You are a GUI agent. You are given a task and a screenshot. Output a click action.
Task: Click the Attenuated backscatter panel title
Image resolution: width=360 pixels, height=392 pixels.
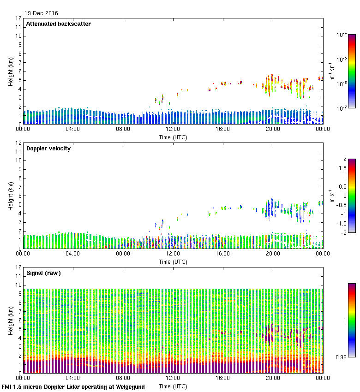[x=58, y=24]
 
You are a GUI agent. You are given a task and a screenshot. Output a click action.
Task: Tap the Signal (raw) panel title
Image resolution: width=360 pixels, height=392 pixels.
[x=43, y=273]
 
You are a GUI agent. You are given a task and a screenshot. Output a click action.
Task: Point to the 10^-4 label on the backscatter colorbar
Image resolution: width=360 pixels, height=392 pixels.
[x=342, y=35]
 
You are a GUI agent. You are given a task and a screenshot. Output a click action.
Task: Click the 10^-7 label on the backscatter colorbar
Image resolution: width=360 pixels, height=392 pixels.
[x=342, y=108]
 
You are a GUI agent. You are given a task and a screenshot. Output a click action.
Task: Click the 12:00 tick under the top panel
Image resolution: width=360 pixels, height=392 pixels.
[x=173, y=130]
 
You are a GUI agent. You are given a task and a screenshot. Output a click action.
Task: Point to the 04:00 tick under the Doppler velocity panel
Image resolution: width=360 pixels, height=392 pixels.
[x=73, y=254]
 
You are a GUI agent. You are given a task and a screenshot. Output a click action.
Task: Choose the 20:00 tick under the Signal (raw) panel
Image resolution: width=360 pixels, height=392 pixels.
[x=273, y=379]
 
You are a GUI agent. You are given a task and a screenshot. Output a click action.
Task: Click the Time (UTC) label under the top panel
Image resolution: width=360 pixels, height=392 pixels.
[x=173, y=137]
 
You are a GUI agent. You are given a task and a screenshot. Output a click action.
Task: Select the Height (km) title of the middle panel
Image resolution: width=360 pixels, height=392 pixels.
[x=11, y=196]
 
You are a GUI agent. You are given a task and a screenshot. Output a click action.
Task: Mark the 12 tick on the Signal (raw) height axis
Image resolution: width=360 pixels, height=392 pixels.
[x=19, y=267]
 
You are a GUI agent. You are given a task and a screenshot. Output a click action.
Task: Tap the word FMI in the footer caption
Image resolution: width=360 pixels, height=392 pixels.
[x=7, y=387]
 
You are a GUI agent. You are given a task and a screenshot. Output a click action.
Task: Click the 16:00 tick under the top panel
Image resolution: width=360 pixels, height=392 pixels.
[x=223, y=130]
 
